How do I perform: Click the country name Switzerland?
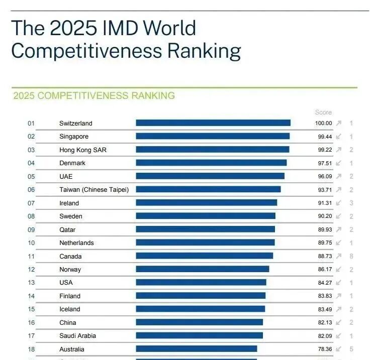tap(76, 123)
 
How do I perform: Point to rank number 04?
tap(31, 163)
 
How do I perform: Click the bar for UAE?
tap(210, 176)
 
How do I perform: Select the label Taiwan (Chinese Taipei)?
tap(94, 190)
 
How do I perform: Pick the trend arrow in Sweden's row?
tap(339, 216)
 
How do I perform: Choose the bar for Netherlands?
tap(205, 243)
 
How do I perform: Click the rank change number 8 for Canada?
tap(351, 256)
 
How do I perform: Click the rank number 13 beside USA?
tap(31, 283)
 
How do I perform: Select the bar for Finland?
tap(201, 296)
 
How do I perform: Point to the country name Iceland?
tap(70, 309)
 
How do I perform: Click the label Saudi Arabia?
tap(77, 336)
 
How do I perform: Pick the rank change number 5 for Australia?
tap(351, 349)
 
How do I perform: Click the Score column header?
tap(323, 112)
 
